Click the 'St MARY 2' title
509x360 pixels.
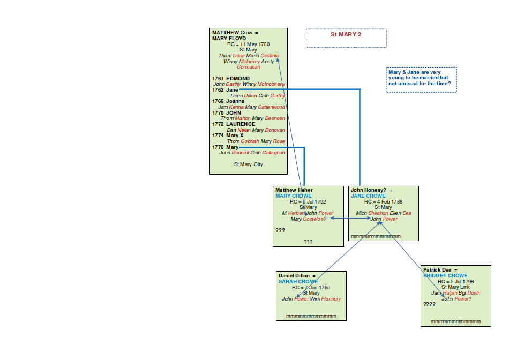click(x=346, y=34)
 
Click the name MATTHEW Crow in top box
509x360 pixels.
click(x=232, y=33)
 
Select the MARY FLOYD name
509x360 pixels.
click(x=229, y=39)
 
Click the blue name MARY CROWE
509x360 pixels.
click(x=293, y=196)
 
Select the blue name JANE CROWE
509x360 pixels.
click(x=368, y=196)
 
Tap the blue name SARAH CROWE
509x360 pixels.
click(x=298, y=281)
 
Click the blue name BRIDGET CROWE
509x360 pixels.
click(x=445, y=276)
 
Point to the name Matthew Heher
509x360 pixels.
click(x=294, y=190)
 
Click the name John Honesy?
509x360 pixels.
click(x=369, y=190)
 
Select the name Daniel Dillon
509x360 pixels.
click(x=295, y=276)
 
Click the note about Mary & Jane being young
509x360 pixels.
click(x=421, y=78)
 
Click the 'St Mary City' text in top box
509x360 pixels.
click(x=248, y=164)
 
